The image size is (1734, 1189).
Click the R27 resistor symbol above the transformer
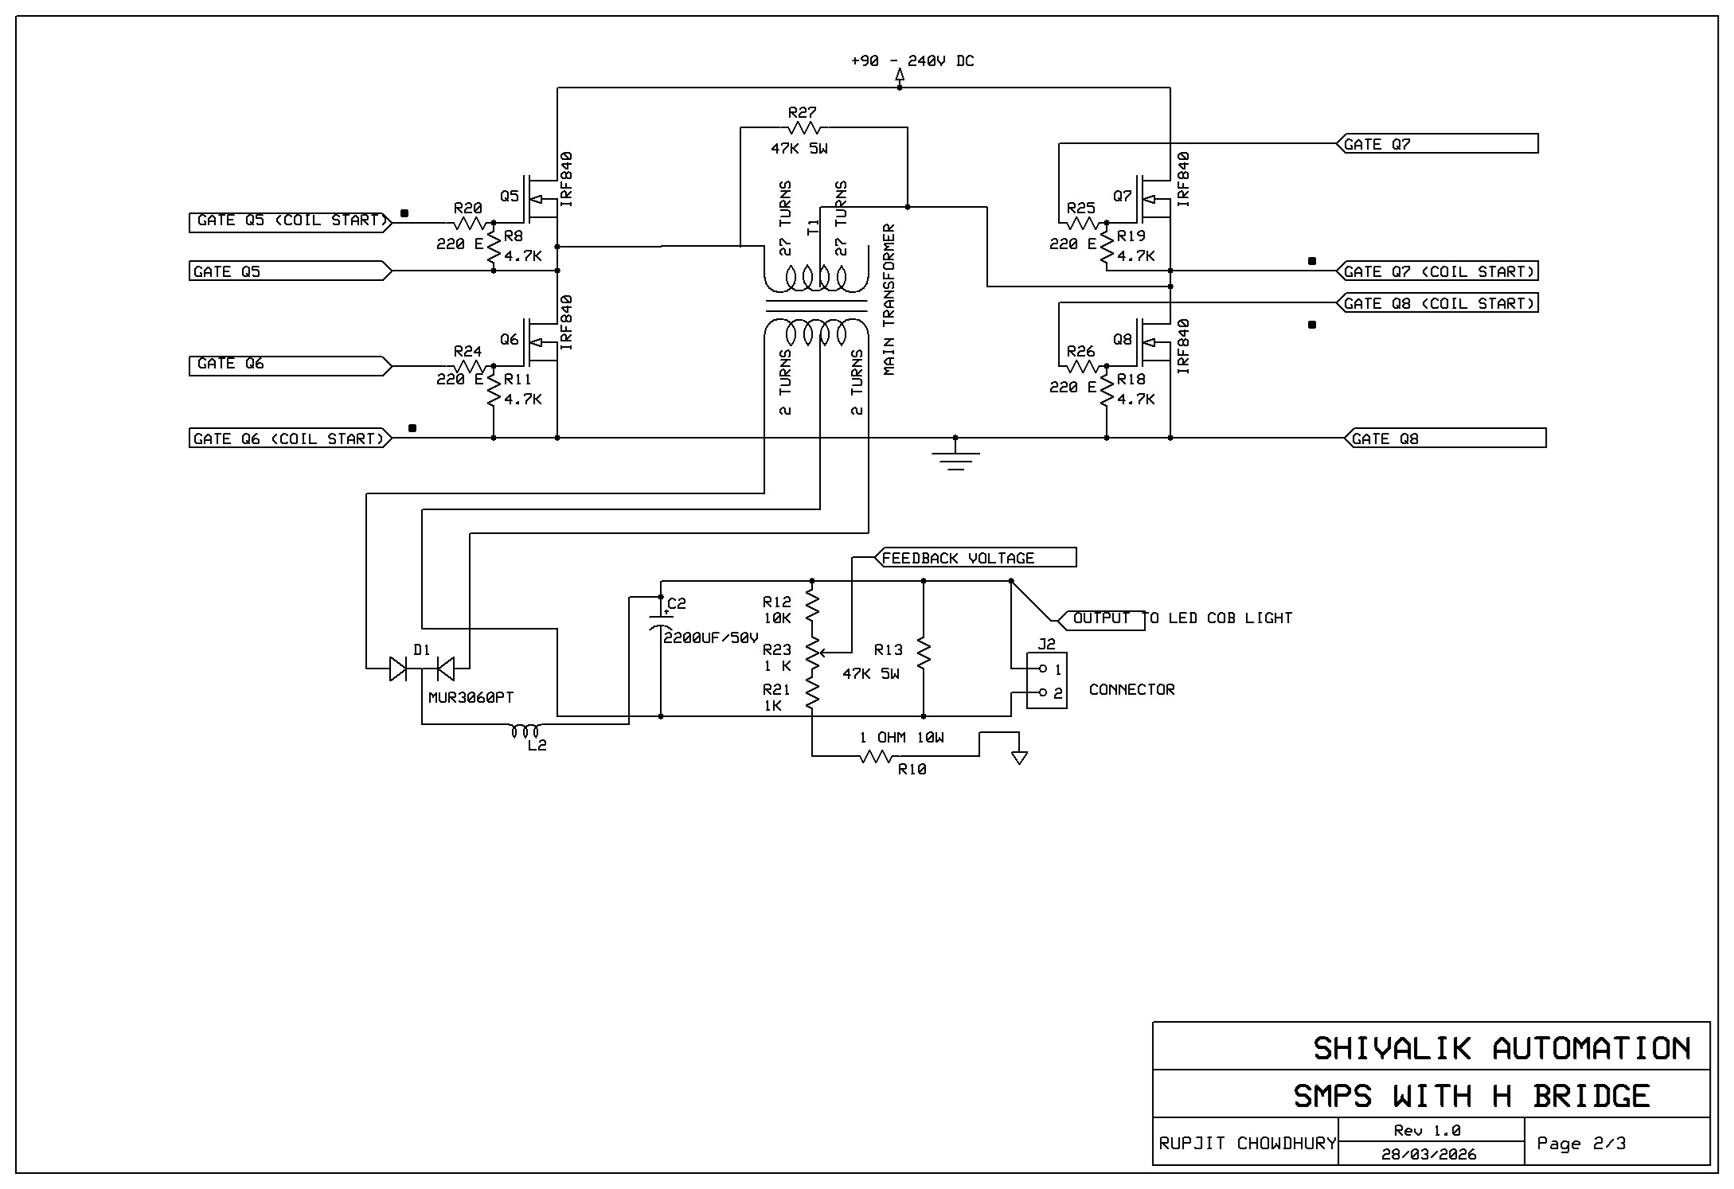click(x=803, y=128)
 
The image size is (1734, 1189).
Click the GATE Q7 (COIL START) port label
click(x=1438, y=271)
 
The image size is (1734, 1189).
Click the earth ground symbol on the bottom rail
click(x=955, y=458)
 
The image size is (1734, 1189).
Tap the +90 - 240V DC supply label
click(x=912, y=61)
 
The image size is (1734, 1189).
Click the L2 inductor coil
click(x=526, y=731)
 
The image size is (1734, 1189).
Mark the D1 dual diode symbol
click(x=422, y=669)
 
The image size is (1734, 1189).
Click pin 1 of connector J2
click(x=1044, y=669)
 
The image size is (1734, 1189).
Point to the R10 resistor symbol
click(x=876, y=757)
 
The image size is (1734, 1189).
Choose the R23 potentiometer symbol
click(x=812, y=653)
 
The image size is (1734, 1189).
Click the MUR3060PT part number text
click(x=471, y=698)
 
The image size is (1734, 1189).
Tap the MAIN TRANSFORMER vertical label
click(x=889, y=299)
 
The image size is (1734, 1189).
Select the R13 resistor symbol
click(x=924, y=653)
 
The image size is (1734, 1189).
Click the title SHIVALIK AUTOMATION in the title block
click(x=1502, y=1048)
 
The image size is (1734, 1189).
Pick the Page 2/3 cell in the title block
click(x=1581, y=1144)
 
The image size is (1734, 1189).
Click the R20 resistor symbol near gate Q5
click(x=470, y=223)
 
